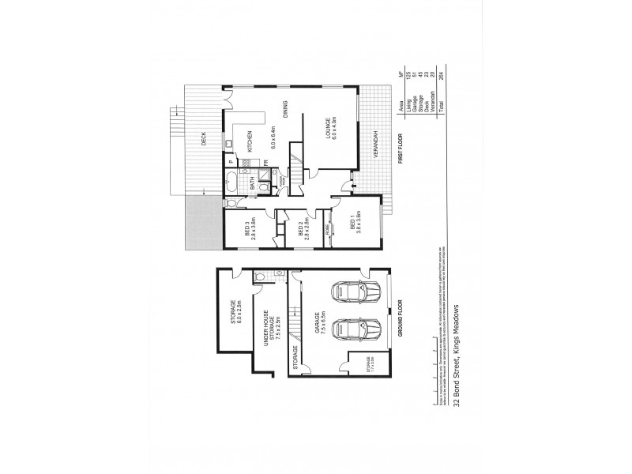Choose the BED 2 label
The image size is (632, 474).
301,229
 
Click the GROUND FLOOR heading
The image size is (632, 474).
401,321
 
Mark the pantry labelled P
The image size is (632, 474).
230,161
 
